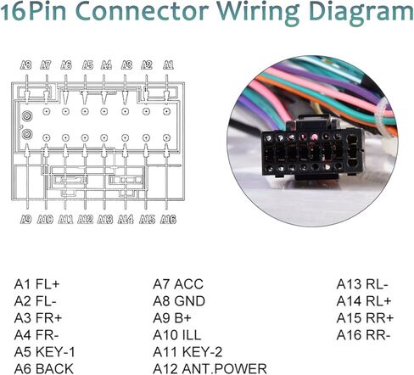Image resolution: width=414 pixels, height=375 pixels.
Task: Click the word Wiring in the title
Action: [258, 12]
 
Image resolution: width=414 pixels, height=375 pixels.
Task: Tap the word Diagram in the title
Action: [361, 12]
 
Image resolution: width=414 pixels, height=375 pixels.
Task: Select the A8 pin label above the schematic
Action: [26, 65]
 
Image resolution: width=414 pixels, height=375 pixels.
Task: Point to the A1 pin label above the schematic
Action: [168, 65]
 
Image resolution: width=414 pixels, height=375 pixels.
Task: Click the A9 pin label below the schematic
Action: [25, 219]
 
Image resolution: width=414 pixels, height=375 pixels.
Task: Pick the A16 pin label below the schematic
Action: [168, 219]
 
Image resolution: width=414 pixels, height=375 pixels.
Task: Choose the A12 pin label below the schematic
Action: [85, 219]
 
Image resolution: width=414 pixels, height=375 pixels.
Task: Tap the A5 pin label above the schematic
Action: [87, 65]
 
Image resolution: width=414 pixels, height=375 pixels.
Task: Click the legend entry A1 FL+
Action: [37, 284]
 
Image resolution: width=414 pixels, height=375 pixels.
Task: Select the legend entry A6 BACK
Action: [44, 369]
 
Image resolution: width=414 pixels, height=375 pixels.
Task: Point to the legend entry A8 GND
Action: [179, 301]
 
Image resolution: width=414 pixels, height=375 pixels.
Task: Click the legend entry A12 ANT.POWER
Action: [210, 369]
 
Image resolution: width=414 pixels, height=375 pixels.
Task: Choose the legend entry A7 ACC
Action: [178, 284]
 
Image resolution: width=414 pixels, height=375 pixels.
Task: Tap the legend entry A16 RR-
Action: [363, 335]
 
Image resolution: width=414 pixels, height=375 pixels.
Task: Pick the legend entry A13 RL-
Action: [362, 284]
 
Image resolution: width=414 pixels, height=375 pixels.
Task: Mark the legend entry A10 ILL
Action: [177, 335]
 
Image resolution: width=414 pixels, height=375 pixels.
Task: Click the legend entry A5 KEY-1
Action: [45, 352]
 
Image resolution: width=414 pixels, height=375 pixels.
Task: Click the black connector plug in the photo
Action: [312, 149]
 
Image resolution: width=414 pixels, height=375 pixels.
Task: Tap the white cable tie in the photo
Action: [382, 119]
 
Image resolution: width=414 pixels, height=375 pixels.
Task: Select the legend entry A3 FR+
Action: [38, 318]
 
